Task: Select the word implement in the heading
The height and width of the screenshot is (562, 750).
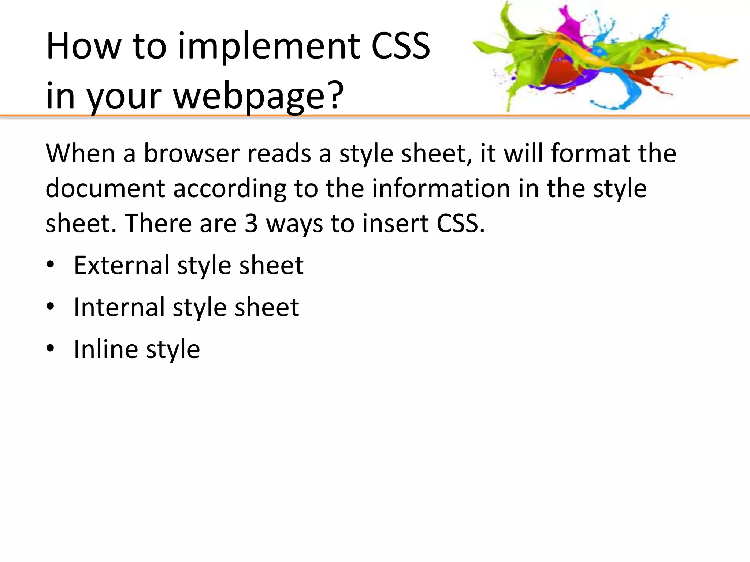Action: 269,47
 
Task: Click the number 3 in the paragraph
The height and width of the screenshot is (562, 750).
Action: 251,223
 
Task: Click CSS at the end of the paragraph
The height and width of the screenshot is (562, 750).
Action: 460,223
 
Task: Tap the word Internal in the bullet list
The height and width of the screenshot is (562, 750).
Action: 119,307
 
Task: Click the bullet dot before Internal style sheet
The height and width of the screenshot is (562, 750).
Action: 50,306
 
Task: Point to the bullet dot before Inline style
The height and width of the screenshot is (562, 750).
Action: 50,348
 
